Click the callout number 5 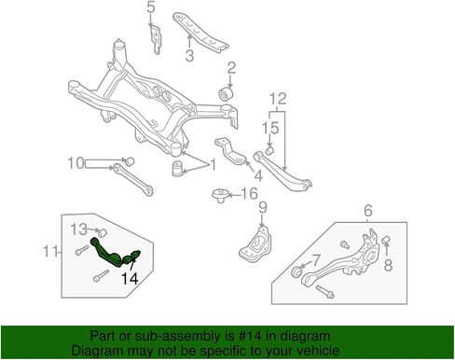tap(151, 7)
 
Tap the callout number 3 tap(189, 55)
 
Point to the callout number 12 tap(278, 99)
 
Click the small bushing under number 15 tap(269, 150)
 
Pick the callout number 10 tap(76, 163)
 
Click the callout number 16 tap(250, 193)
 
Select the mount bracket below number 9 tap(255, 245)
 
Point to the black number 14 tap(130, 279)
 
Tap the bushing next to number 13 tap(103, 232)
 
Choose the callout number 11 tap(50, 251)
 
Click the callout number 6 tap(367, 211)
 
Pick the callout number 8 tap(388, 265)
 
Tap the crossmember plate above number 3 tap(200, 31)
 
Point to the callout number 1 tap(214, 165)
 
